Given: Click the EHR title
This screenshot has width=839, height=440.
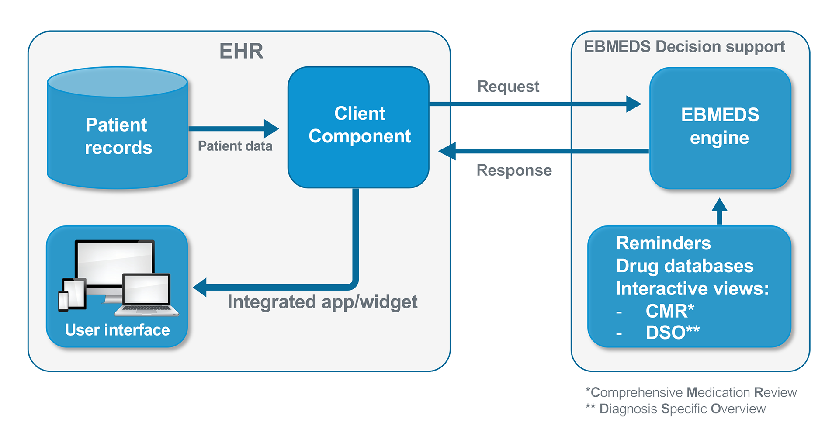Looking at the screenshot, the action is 241,51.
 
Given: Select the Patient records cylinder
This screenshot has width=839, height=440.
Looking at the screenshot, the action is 118,128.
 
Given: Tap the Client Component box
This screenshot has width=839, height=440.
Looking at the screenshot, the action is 358,127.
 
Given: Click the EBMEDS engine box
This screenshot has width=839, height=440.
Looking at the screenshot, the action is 720,128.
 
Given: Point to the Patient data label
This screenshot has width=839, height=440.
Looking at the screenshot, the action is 235,146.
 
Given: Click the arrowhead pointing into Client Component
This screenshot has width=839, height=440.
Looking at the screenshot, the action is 271,128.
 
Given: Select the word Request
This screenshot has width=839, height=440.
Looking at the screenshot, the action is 508,87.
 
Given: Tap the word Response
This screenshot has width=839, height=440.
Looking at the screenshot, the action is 514,170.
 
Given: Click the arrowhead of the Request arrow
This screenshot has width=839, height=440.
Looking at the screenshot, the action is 634,104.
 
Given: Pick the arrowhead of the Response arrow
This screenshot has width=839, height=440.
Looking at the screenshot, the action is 447,151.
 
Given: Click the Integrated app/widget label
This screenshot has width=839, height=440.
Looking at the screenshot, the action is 322,302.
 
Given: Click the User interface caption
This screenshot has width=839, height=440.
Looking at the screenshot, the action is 118,330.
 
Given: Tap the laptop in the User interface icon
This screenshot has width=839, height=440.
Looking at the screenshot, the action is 147,294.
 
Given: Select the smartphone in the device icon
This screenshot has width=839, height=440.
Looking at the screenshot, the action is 63,301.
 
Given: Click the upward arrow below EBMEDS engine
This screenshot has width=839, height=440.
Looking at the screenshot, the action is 719,211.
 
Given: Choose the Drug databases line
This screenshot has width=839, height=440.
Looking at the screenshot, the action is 685,266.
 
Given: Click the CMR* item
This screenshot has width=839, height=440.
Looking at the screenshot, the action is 670,311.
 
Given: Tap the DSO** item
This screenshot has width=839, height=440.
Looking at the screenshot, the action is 673,333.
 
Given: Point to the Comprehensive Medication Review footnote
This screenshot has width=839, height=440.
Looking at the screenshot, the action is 691,392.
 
